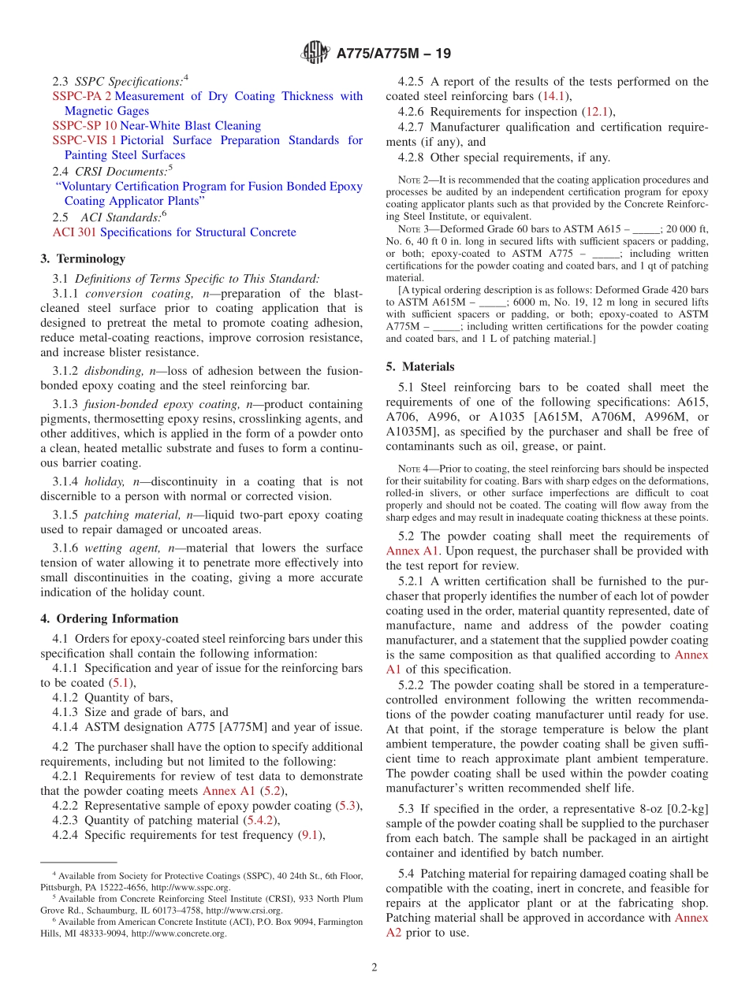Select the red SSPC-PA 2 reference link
[82, 96]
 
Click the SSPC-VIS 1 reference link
[84, 140]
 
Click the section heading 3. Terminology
[82, 258]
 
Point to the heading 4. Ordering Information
[109, 619]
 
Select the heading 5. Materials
[420, 366]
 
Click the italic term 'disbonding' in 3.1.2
[115, 371]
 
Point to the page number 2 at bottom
[374, 967]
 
